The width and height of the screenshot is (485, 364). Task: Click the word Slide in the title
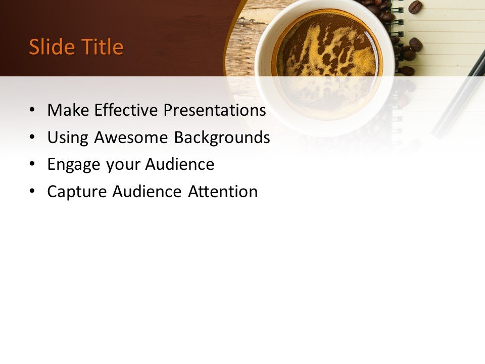point(49,47)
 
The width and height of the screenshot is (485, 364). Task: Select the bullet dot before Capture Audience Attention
point(33,192)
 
